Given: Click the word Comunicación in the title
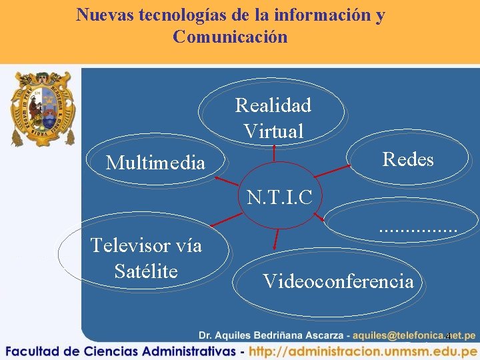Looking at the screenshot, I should tap(230, 37).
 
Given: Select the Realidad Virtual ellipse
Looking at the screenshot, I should tap(273, 117).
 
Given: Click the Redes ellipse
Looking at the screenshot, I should tap(408, 159).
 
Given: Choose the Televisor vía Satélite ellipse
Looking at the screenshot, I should tap(146, 258).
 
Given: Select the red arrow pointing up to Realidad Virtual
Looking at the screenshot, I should tap(274, 154).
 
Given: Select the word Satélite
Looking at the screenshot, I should tap(146, 271).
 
